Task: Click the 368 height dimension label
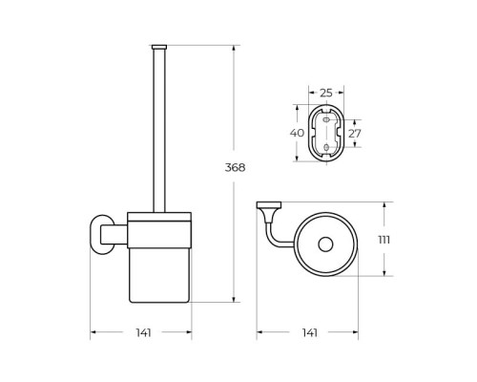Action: click(235, 167)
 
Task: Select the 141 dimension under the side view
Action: click(143, 333)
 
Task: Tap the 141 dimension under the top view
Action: click(310, 333)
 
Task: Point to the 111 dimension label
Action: click(384, 240)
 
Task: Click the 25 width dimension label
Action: click(326, 93)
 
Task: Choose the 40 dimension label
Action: click(297, 133)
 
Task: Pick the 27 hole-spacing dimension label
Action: click(355, 134)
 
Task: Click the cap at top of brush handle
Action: click(159, 47)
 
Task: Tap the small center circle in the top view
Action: click(325, 244)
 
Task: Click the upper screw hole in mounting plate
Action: click(326, 120)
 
